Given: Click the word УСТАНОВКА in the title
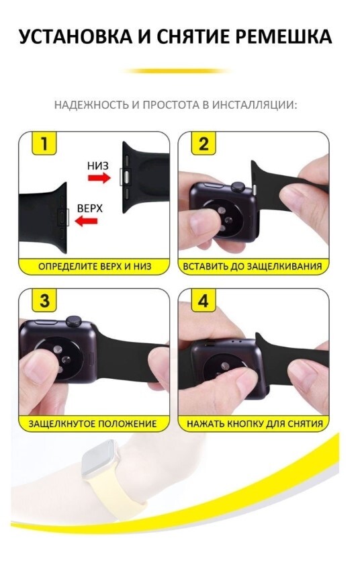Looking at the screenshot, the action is point(75,37).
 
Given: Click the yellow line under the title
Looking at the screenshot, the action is point(177,71).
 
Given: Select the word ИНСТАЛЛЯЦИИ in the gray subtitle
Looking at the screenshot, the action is point(255,105).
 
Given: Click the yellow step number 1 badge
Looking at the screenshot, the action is point(44,143).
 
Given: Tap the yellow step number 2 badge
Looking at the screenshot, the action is point(204,143).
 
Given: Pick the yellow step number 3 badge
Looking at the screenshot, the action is point(44,300).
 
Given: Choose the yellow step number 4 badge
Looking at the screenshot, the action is point(204,300).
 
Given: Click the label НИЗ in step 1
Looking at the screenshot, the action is point(97,166).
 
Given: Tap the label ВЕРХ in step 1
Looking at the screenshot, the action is point(90,208).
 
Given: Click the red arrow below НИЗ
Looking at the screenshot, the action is point(99,177).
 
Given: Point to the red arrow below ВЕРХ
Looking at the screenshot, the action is point(86,220).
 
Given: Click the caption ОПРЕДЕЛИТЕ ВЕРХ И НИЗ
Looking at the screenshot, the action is point(95,266).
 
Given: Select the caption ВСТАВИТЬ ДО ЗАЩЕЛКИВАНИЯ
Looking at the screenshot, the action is point(253,266).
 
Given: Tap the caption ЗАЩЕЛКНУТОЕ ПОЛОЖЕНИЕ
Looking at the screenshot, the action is point(93,423).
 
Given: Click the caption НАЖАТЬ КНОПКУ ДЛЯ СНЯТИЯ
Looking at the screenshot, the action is point(255,423).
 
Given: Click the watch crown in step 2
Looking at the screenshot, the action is point(238,187).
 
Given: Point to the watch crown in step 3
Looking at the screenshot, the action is point(73,320).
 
